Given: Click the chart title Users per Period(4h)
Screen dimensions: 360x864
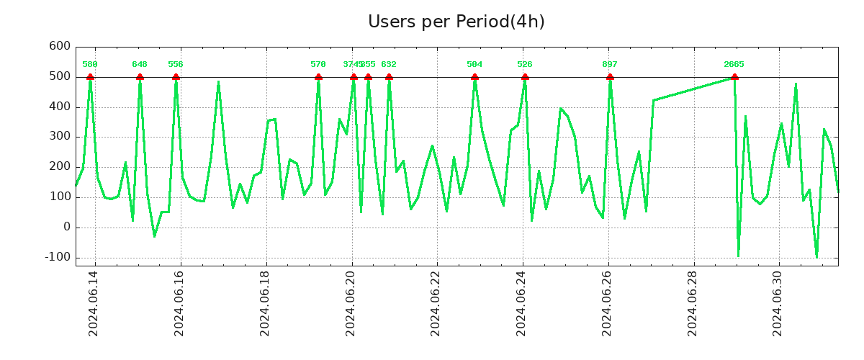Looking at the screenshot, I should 456,22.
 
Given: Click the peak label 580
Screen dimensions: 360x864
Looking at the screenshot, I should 90,65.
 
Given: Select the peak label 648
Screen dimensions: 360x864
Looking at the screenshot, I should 140,65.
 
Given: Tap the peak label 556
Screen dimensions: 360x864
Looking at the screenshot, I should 176,65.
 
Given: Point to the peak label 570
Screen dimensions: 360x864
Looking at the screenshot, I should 318,65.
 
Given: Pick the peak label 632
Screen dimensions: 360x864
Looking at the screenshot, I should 389,65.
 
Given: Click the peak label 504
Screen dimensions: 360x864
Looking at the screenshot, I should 474,65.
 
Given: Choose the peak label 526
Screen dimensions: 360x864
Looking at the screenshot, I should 525,65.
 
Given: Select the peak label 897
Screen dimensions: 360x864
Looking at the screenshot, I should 610,65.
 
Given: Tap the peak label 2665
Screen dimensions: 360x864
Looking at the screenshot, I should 734,65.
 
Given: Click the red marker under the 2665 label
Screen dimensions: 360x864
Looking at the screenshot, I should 734,77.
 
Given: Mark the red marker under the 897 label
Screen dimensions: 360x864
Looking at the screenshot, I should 610,77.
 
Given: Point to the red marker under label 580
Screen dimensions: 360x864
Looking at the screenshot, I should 90,77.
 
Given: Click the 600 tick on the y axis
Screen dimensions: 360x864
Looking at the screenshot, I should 59,47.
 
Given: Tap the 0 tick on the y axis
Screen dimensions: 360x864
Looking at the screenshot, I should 67,227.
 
